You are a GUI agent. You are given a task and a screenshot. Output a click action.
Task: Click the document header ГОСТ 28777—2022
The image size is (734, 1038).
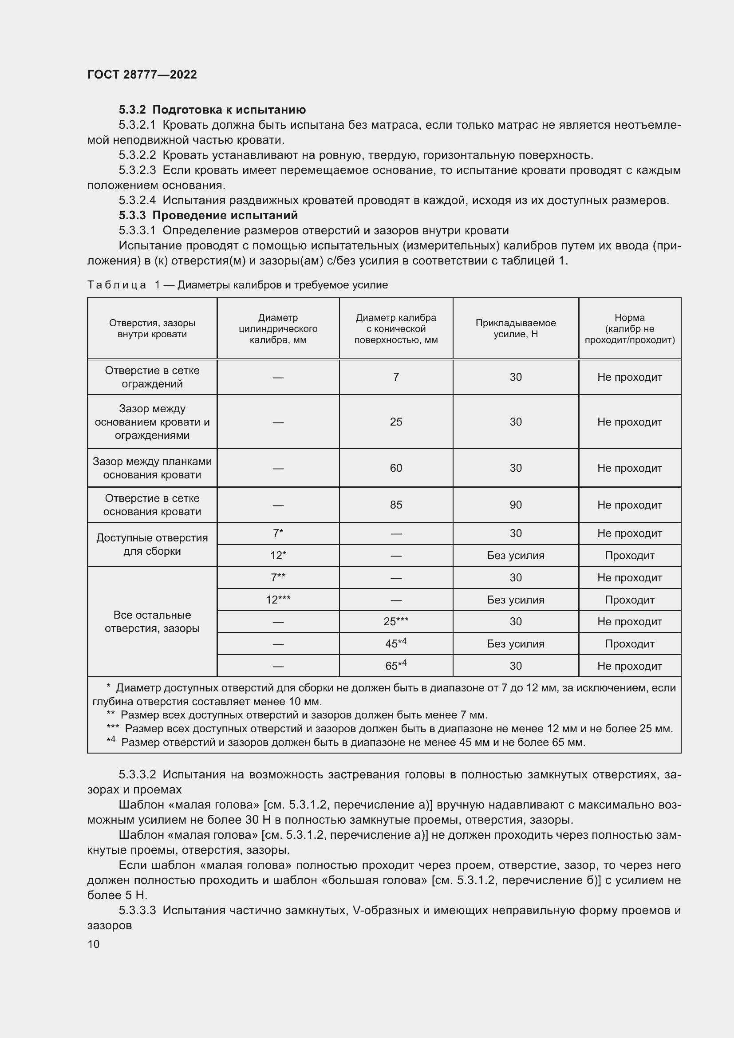142,75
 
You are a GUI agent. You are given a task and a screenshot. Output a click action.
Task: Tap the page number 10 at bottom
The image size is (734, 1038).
94,944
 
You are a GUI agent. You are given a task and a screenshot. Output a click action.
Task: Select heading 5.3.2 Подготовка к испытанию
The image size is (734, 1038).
213,110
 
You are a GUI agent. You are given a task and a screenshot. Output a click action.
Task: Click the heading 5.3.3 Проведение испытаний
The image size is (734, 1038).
209,215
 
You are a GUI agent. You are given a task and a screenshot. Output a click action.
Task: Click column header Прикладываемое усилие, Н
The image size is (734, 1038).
515,328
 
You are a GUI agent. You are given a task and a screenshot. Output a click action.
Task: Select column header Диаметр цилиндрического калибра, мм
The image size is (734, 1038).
278,328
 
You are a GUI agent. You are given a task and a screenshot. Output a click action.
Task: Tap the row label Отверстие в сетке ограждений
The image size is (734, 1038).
152,377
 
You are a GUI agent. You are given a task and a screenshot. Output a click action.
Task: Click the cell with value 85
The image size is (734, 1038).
396,505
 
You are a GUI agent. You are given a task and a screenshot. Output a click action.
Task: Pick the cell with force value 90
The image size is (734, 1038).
515,505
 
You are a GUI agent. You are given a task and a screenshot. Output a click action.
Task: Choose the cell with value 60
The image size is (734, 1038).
396,468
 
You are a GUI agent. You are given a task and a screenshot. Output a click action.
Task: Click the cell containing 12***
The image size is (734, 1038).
278,600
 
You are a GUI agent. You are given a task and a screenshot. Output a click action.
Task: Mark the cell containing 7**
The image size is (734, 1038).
278,577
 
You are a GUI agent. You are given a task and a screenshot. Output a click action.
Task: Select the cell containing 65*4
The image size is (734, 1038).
396,666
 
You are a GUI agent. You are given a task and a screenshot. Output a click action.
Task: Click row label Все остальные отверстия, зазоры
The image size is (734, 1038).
152,621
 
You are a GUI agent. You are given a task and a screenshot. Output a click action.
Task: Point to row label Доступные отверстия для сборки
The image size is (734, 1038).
152,545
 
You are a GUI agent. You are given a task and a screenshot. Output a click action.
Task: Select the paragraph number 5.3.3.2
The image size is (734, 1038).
138,774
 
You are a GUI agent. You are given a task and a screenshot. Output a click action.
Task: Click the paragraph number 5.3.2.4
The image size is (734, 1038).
138,200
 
